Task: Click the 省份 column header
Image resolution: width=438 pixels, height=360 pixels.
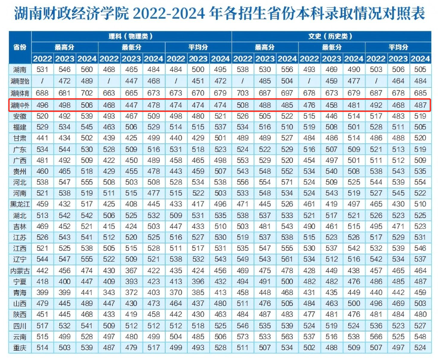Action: pyautogui.click(x=20, y=47)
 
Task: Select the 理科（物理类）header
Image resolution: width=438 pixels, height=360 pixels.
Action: pyautogui.click(x=131, y=37)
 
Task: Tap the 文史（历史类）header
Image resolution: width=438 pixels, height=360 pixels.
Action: pyautogui.click(x=331, y=37)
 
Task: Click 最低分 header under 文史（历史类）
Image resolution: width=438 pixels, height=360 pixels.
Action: pyautogui.click(x=331, y=48)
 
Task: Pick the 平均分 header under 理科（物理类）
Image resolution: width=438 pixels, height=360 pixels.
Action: pyautogui.click(x=198, y=48)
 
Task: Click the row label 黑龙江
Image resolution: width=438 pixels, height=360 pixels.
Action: pyautogui.click(x=20, y=204)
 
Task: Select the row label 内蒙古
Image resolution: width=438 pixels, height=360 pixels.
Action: pyautogui.click(x=20, y=270)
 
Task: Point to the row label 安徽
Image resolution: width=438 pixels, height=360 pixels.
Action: pyautogui.click(x=20, y=115)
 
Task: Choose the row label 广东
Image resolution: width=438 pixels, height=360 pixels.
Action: pyautogui.click(x=20, y=149)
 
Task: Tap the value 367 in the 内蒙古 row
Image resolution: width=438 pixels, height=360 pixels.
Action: pyautogui.click(x=131, y=270)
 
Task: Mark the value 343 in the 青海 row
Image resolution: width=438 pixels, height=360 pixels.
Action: pyautogui.click(x=109, y=292)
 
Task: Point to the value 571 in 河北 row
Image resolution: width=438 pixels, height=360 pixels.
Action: pyautogui.click(x=287, y=182)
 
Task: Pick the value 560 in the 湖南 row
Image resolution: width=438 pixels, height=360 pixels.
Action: pyautogui.click(x=87, y=70)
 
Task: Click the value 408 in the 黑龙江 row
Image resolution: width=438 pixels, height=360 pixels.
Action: pyautogui.click(x=131, y=204)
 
